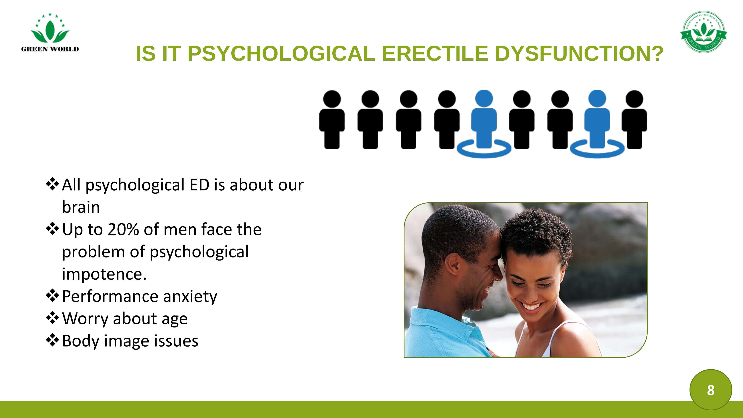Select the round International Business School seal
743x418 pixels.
point(704,32)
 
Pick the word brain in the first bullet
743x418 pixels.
point(81,207)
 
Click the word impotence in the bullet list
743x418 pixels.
point(102,274)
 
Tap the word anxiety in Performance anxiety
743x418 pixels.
point(190,297)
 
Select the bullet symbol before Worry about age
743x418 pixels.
point(52,318)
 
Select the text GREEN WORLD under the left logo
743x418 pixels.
point(50,49)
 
